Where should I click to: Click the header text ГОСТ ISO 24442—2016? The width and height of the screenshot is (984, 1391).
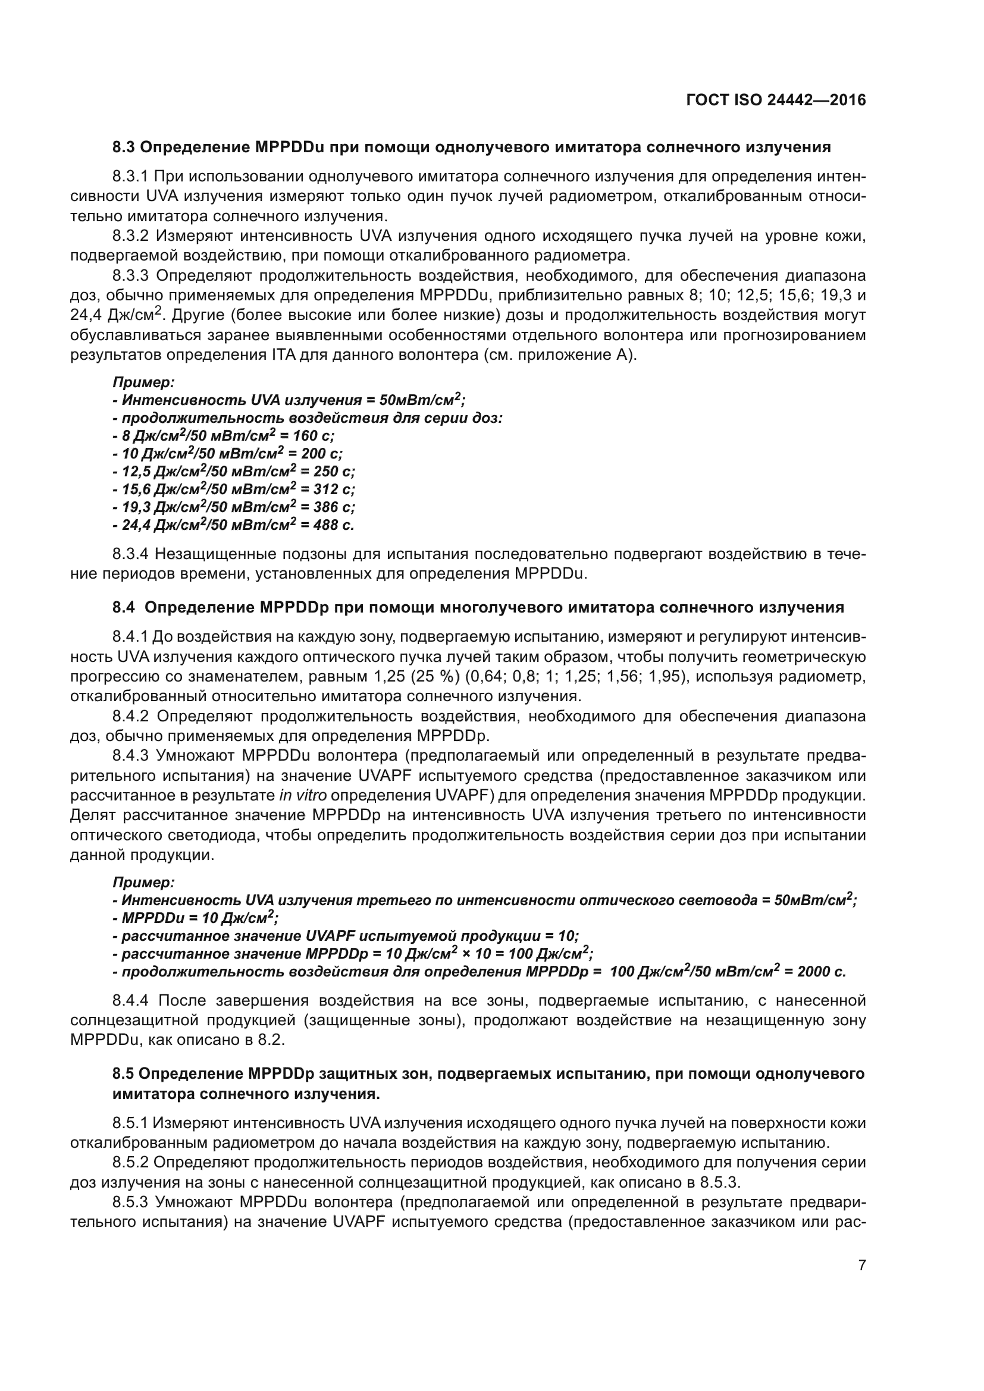[776, 101]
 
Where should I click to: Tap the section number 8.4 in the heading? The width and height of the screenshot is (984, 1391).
[124, 608]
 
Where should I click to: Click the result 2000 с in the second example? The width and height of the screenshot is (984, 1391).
[821, 972]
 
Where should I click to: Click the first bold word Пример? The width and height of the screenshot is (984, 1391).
[143, 382]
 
